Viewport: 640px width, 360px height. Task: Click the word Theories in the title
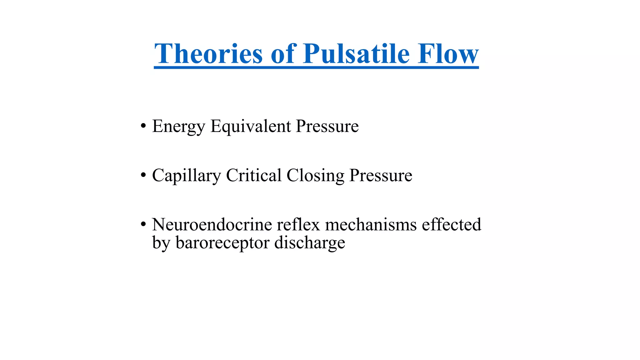208,54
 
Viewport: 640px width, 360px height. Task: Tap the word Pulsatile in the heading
356,54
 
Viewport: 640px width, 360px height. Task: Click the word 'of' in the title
283,54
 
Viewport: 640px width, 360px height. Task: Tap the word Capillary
187,176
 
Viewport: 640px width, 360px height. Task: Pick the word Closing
315,176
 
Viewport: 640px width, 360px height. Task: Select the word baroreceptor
222,243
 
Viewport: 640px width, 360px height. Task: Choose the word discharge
310,243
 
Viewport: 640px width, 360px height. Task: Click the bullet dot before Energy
143,126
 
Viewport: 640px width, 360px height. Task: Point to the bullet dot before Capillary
143,175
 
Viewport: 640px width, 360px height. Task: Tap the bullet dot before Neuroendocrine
143,224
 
